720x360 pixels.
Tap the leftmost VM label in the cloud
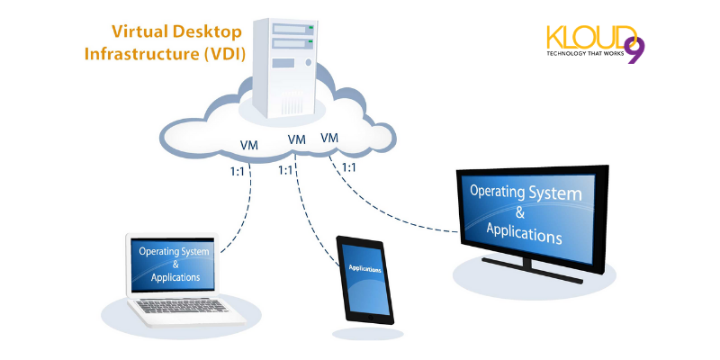coord(250,146)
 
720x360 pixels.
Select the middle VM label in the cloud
coord(296,139)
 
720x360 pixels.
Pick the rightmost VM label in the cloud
coord(329,138)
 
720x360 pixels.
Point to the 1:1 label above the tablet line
coord(287,169)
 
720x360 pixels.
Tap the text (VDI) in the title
coord(225,52)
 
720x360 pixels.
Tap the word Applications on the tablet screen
coord(364,269)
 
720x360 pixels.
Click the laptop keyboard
coord(180,307)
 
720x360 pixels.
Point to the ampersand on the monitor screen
coord(521,211)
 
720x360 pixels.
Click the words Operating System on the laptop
coord(175,251)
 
